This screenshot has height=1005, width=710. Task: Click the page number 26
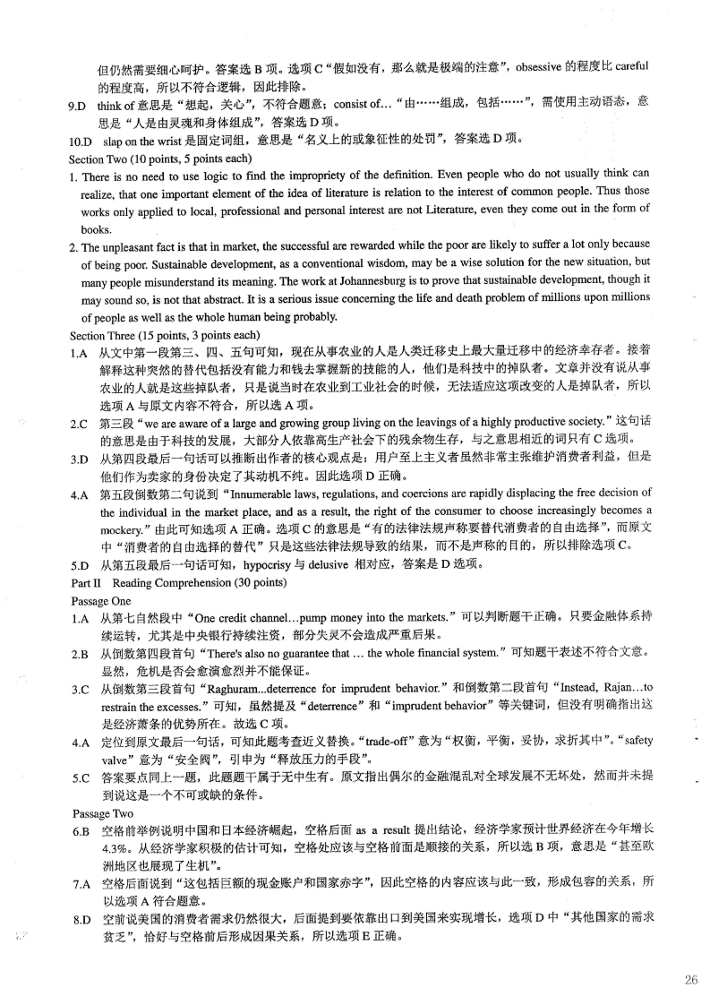click(690, 980)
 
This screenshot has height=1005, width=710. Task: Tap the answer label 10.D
click(81, 140)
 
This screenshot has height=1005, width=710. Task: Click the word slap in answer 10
click(110, 140)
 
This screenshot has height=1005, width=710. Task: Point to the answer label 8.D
click(81, 920)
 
